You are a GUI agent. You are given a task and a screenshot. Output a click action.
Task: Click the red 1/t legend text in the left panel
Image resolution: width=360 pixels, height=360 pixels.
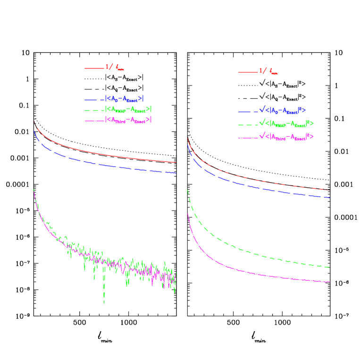click(x=115, y=67)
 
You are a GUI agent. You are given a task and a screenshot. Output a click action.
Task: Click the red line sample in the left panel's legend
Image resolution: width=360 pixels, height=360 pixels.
click(x=94, y=68)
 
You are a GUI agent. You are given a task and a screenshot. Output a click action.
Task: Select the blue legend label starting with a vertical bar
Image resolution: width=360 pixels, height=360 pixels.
click(x=124, y=99)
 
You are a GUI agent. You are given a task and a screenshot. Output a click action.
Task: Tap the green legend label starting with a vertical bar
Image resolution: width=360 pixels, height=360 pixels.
click(x=128, y=109)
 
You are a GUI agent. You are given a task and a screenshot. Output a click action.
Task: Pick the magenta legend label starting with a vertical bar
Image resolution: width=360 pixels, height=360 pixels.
click(x=128, y=120)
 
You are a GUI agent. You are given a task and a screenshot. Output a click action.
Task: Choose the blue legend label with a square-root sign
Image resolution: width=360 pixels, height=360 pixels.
click(x=283, y=110)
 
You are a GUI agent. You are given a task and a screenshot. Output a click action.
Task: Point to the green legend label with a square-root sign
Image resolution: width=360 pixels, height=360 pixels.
click(x=286, y=124)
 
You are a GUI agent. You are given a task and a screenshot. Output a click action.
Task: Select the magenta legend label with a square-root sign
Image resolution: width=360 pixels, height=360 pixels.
click(x=286, y=137)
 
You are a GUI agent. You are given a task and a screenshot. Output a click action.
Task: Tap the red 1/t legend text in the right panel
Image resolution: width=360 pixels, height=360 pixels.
click(x=268, y=71)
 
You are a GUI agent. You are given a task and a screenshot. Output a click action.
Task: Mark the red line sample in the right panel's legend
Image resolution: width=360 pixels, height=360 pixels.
click(x=248, y=72)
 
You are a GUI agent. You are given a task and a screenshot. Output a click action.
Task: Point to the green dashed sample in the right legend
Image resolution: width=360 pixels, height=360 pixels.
click(x=248, y=125)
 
